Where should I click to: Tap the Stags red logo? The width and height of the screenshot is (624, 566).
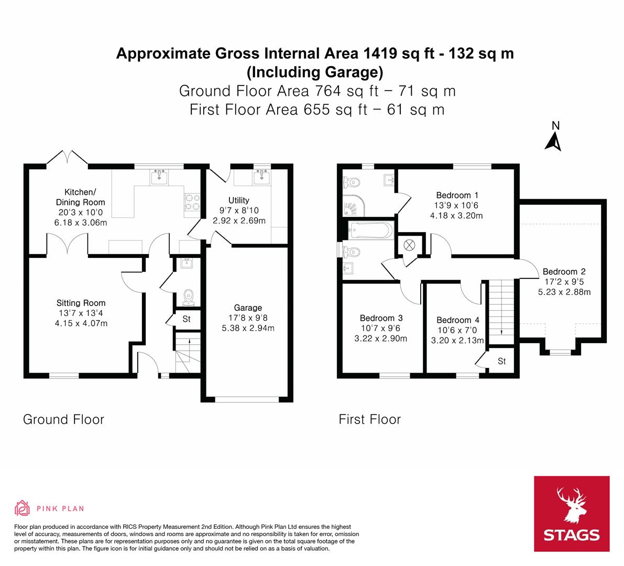tap(572, 514)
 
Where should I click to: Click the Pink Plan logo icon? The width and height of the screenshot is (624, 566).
tap(22, 508)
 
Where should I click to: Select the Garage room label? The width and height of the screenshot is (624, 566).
tap(248, 308)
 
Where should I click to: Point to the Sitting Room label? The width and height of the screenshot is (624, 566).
tap(81, 303)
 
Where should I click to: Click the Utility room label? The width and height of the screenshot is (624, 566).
tap(239, 200)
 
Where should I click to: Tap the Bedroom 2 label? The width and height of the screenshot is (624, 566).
tap(564, 271)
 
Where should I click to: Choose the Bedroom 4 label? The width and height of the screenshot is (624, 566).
tap(457, 320)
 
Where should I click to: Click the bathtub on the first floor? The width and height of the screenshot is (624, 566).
tap(369, 230)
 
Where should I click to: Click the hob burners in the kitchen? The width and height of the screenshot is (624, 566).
tap(192, 202)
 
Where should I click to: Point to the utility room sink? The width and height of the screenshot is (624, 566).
tap(261, 178)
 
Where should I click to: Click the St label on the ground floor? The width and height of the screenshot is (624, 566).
tap(187, 319)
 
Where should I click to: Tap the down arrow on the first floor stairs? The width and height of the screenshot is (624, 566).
tap(501, 330)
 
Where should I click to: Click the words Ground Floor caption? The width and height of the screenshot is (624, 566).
tap(63, 419)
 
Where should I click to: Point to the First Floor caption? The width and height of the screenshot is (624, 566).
tap(369, 419)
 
